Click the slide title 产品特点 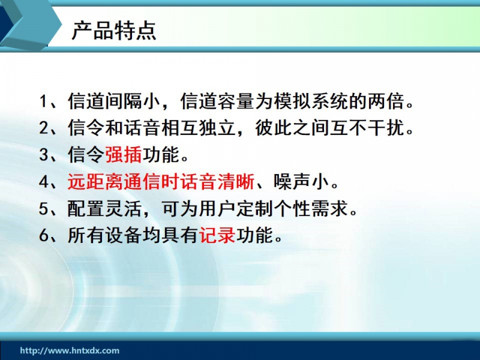tap(114, 31)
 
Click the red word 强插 tap(124, 155)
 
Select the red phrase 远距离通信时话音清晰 tap(161, 182)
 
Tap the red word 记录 tap(217, 235)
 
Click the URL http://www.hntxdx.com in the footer tap(70, 350)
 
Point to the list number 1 tap(43, 101)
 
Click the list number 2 tap(43, 128)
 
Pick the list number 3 tap(43, 155)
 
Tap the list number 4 tap(43, 182)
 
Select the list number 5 tap(43, 208)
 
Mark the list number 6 tap(43, 235)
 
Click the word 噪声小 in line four tap(301, 182)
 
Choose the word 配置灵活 tap(104, 208)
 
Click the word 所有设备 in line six tap(104, 235)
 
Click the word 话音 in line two tap(142, 128)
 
